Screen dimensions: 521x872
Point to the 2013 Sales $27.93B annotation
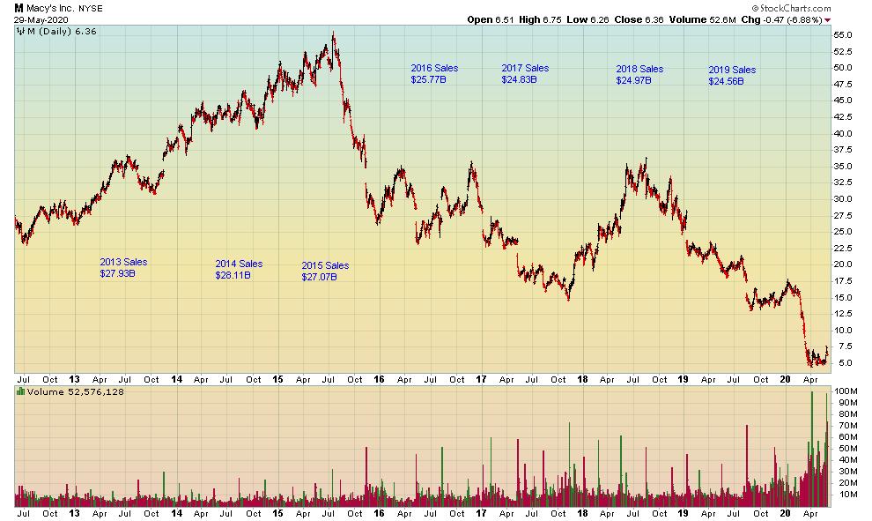[123, 268]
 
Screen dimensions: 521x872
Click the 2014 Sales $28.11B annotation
[239, 269]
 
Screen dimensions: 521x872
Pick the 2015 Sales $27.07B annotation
[325, 271]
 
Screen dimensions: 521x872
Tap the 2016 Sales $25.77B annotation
[434, 74]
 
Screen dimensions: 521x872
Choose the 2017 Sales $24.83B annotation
[525, 74]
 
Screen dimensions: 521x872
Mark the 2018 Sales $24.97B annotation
[639, 75]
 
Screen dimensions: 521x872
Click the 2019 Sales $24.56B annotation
[732, 76]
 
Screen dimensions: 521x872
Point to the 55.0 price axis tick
[844, 34]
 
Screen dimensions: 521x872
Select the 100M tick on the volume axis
[846, 391]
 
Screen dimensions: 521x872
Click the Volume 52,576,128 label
[76, 391]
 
